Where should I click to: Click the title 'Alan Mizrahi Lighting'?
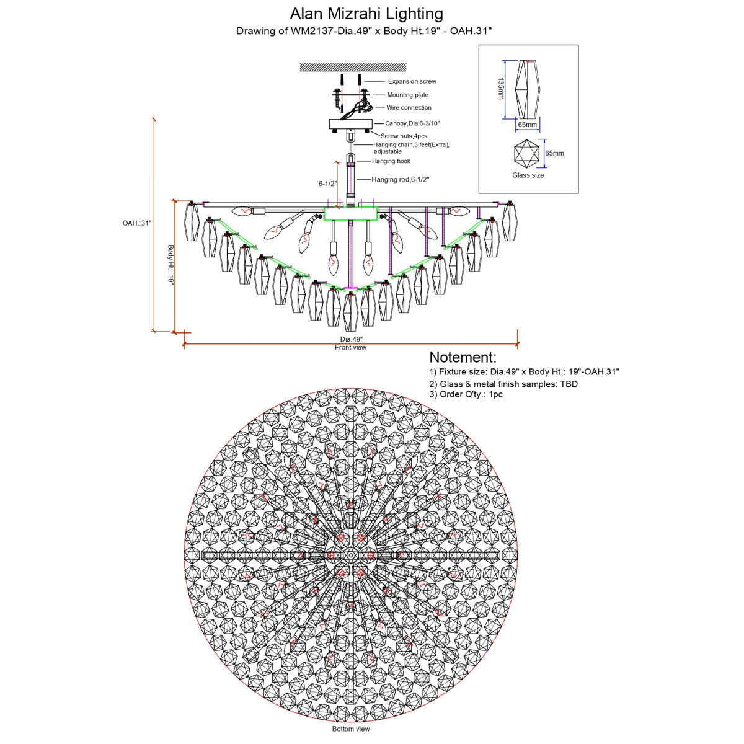tap(366, 14)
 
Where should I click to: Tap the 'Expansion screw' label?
tap(412, 81)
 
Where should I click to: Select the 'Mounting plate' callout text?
tap(408, 95)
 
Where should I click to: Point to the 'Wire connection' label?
tap(409, 108)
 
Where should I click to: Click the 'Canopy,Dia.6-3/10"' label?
tap(412, 123)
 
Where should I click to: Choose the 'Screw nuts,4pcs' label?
tap(404, 136)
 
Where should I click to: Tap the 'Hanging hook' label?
tap(391, 161)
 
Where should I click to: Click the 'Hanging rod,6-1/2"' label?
tap(401, 180)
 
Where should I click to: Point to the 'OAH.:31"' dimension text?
tap(137, 223)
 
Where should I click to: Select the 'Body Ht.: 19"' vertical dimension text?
tap(170, 265)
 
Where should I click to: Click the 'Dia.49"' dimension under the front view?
tap(351, 339)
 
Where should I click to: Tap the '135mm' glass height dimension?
tap(501, 89)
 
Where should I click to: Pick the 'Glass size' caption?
tap(528, 175)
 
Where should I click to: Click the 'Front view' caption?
tap(350, 347)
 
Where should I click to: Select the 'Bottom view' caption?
tap(351, 729)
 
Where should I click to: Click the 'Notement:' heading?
tap(463, 357)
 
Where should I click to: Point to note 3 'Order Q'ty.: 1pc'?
tap(466, 394)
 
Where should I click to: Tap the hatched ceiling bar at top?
tap(353, 67)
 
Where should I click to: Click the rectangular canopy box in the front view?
tap(350, 124)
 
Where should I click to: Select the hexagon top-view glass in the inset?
tap(526, 153)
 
